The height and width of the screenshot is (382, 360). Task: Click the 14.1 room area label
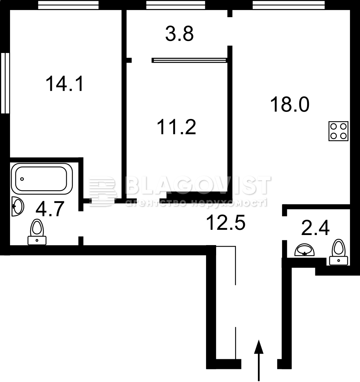tap(65, 84)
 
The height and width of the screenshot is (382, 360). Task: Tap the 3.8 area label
tap(179, 34)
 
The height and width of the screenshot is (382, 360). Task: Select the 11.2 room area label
tap(177, 127)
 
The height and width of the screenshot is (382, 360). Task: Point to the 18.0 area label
tap(290, 104)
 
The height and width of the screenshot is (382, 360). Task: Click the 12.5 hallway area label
tap(225, 223)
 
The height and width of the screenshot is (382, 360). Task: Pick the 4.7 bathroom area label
tap(50, 209)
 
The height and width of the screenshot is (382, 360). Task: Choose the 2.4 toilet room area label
tap(315, 228)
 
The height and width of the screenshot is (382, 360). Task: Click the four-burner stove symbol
tap(338, 131)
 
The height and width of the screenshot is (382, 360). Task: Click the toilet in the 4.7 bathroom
tap(37, 232)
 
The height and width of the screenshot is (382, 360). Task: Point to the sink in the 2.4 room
tap(304, 250)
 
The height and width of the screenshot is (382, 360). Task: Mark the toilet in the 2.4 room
tap(339, 252)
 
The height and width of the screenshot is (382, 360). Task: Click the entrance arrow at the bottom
tap(259, 360)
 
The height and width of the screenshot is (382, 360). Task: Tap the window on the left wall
tap(5, 83)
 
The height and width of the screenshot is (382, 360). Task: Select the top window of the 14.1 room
tap(69, 5)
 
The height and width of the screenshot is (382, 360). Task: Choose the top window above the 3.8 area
tap(176, 5)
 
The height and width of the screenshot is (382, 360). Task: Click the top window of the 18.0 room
tap(289, 5)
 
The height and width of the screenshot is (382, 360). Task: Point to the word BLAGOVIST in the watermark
tap(198, 185)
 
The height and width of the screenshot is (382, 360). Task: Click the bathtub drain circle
tap(22, 179)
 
